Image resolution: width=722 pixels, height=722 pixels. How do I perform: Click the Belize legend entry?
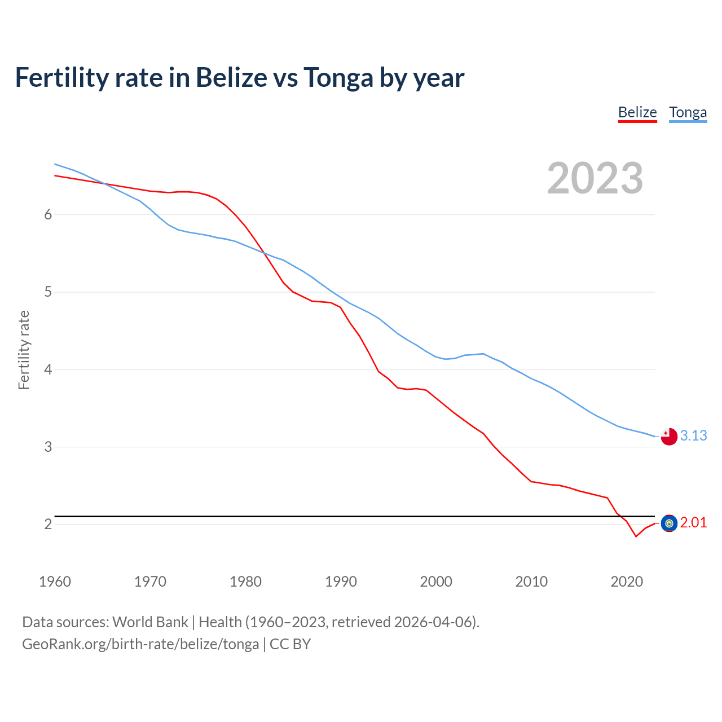(637, 112)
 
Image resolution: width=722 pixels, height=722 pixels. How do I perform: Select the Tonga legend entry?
(688, 112)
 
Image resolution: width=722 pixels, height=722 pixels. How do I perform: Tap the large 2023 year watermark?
(595, 178)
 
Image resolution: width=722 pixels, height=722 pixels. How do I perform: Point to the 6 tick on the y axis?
(48, 214)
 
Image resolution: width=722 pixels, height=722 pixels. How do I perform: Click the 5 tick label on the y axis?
(48, 292)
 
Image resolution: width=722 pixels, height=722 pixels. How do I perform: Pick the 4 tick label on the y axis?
(48, 369)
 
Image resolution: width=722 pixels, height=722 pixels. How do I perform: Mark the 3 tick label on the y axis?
(48, 447)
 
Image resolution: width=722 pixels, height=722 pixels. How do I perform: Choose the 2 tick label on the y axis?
(48, 524)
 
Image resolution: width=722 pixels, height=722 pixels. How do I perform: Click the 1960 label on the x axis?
(55, 582)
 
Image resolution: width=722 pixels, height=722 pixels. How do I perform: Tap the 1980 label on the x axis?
(245, 582)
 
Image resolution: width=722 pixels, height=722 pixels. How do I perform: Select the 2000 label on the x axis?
(436, 582)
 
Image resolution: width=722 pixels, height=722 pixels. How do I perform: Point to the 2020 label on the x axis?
(627, 582)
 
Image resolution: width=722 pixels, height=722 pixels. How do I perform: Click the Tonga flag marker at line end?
(669, 436)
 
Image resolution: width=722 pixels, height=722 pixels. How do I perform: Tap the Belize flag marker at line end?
(669, 523)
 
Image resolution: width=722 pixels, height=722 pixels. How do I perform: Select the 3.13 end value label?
(693, 435)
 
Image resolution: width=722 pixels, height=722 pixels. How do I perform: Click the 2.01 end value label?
(693, 523)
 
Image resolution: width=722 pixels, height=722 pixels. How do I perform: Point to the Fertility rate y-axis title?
(24, 350)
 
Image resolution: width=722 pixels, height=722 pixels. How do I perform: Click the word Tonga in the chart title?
(338, 77)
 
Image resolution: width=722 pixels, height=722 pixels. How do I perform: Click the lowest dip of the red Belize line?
(636, 536)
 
